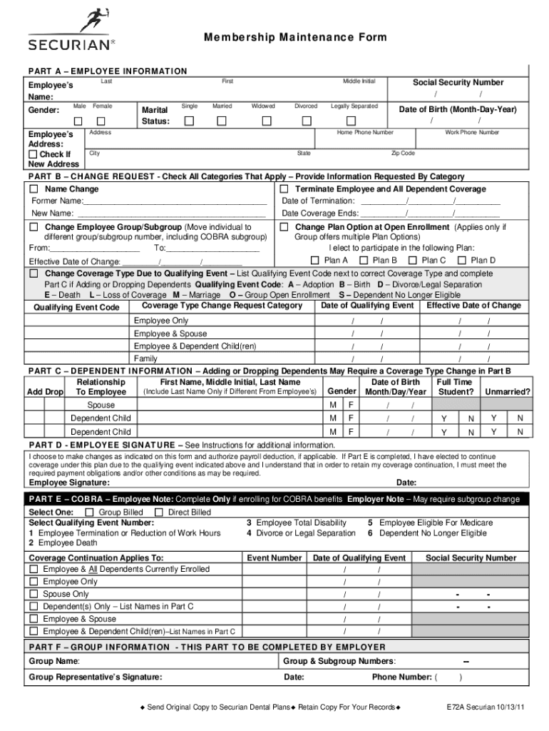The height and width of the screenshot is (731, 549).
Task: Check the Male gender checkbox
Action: (79, 121)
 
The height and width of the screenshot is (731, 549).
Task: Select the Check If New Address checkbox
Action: (33, 154)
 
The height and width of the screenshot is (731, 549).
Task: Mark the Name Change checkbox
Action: (34, 189)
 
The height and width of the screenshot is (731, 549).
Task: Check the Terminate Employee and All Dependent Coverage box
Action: (284, 189)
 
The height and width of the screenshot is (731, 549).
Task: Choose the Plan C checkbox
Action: (413, 261)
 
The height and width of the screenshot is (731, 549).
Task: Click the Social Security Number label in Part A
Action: (458, 83)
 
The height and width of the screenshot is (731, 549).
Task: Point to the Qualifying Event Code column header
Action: (77, 308)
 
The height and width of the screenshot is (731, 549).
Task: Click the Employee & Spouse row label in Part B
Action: (170, 333)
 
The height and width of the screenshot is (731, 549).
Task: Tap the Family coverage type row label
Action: (145, 359)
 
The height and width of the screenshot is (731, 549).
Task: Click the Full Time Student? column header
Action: (455, 387)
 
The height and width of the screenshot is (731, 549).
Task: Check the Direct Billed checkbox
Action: (160, 512)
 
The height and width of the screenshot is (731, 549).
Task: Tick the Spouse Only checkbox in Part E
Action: (34, 594)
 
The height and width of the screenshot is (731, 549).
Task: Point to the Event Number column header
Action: (274, 558)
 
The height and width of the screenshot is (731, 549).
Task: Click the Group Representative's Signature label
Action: (95, 677)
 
